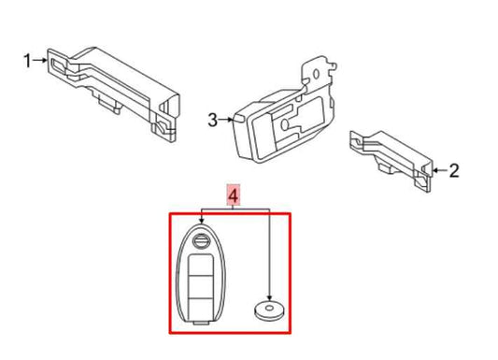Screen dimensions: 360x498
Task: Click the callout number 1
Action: (x=27, y=62)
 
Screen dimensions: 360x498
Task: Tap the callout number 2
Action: (x=454, y=170)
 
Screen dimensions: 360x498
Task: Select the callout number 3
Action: (x=212, y=120)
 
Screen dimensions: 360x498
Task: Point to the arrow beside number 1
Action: (x=41, y=62)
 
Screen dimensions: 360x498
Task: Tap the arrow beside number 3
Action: (x=227, y=120)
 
